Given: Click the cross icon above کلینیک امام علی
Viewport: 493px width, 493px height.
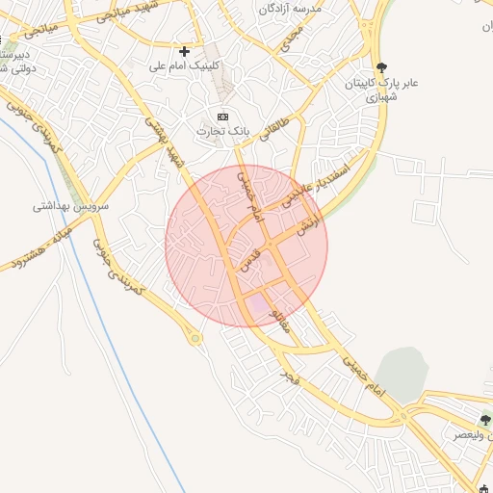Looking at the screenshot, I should [184, 50].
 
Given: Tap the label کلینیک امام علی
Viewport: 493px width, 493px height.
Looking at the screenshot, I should [184, 66].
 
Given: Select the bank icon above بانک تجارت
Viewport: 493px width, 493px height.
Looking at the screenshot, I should [223, 117].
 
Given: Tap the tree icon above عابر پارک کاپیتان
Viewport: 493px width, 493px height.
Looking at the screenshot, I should [382, 67].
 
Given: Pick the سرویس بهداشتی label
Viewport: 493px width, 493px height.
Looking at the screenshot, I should [72, 206].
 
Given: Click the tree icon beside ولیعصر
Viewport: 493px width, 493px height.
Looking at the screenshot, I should [485, 420].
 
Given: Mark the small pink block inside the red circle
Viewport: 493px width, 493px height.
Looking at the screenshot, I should [257, 305].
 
